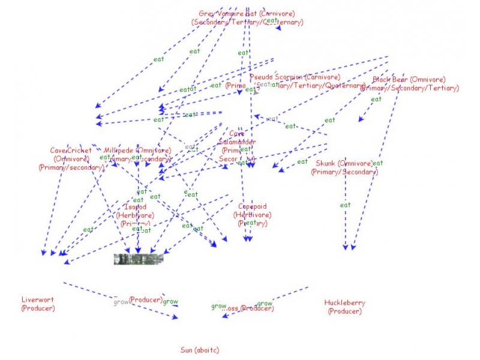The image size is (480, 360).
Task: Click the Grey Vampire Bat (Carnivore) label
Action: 247,13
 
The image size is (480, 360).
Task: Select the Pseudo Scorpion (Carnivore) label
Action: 295,77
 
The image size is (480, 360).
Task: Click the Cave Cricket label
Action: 71,151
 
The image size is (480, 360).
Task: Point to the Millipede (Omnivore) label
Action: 137,151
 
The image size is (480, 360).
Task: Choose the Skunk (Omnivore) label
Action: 344,163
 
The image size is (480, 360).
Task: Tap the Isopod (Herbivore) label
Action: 135,207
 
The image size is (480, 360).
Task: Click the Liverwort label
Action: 37,300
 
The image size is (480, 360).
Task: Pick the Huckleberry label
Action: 344,303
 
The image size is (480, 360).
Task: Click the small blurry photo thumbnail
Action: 139,259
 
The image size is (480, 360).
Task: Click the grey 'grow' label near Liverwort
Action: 121,302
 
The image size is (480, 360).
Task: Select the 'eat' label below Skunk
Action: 345,205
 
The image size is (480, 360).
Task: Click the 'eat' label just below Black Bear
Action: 376,100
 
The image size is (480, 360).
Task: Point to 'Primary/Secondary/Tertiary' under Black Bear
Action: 410,88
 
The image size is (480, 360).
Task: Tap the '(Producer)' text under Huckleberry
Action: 344,311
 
